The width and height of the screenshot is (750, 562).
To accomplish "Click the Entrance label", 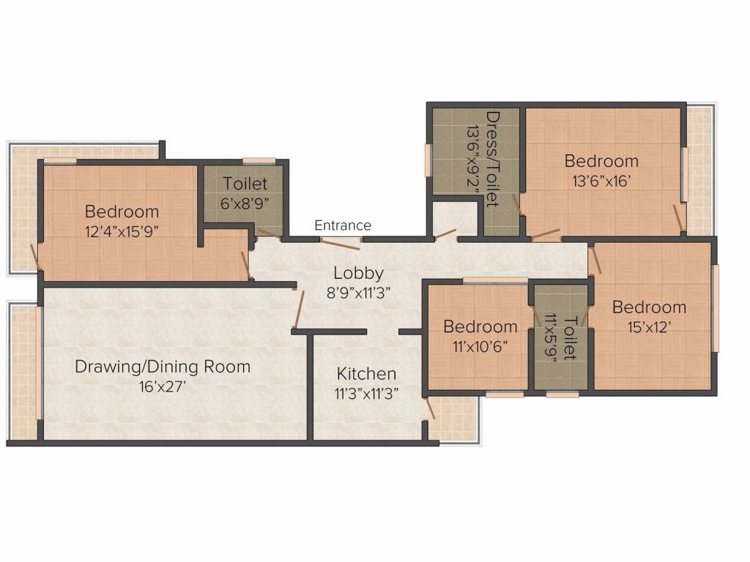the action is (x=343, y=225).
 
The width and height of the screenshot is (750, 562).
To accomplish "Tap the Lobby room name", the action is (x=359, y=273).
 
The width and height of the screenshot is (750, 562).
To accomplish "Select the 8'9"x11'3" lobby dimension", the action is (x=358, y=293).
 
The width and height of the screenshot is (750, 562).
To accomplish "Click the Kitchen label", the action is (x=366, y=373).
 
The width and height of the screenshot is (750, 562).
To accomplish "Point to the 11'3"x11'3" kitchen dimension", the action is (x=366, y=393).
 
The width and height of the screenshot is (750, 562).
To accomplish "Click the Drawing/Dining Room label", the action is (x=163, y=367).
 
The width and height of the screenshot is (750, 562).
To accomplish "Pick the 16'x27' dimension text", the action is (x=163, y=386).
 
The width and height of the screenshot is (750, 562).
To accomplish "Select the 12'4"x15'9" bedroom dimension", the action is (x=122, y=232).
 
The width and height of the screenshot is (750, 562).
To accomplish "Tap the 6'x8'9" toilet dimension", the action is (x=245, y=203).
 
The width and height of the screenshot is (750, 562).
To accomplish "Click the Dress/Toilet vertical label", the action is (x=493, y=159).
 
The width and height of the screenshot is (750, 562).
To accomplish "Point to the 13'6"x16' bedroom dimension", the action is (x=601, y=181).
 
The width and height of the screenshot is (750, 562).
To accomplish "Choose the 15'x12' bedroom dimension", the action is (x=649, y=327).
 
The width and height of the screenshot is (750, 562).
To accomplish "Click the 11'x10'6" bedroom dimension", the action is (x=480, y=346).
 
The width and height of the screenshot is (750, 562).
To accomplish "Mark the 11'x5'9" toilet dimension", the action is (x=552, y=338).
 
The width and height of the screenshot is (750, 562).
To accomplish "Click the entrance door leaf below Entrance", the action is (x=340, y=244).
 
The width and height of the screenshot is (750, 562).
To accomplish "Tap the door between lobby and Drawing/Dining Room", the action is (x=300, y=308).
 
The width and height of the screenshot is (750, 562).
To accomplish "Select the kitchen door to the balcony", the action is (x=429, y=410).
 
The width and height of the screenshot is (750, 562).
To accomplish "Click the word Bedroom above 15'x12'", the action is (x=649, y=307).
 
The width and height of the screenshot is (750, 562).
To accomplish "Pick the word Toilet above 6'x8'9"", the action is (x=245, y=184).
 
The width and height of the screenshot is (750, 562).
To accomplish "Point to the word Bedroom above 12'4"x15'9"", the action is (x=122, y=211).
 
